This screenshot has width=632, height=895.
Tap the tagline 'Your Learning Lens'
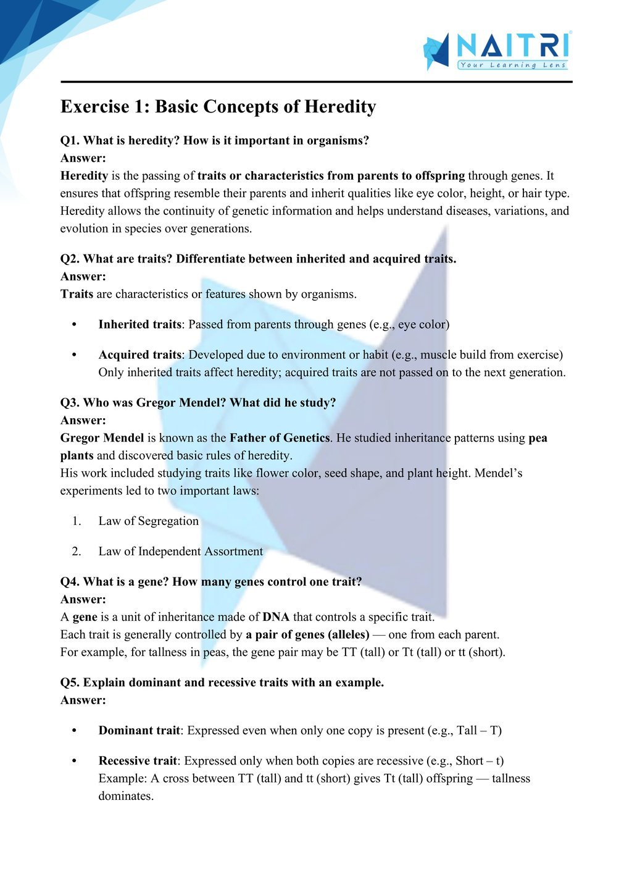[512, 65]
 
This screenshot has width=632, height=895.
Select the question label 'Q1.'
[70, 140]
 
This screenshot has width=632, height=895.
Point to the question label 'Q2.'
[70, 259]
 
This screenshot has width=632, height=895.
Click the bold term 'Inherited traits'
[139, 324]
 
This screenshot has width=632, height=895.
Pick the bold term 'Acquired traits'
[139, 355]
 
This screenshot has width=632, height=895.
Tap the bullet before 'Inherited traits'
[75, 324]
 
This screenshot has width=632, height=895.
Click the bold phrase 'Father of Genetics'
[280, 438]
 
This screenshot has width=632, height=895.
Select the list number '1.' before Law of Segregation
[77, 521]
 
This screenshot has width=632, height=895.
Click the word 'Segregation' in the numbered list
[168, 521]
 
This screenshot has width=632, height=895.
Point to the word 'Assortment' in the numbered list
[233, 551]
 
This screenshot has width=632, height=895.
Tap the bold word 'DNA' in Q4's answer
[276, 616]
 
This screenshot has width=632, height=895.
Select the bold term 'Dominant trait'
[139, 730]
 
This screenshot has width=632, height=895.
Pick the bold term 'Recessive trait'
[138, 760]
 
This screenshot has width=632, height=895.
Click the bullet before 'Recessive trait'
[75, 760]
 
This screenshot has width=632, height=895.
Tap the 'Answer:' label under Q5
[83, 700]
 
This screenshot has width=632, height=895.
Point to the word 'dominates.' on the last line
[126, 796]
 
